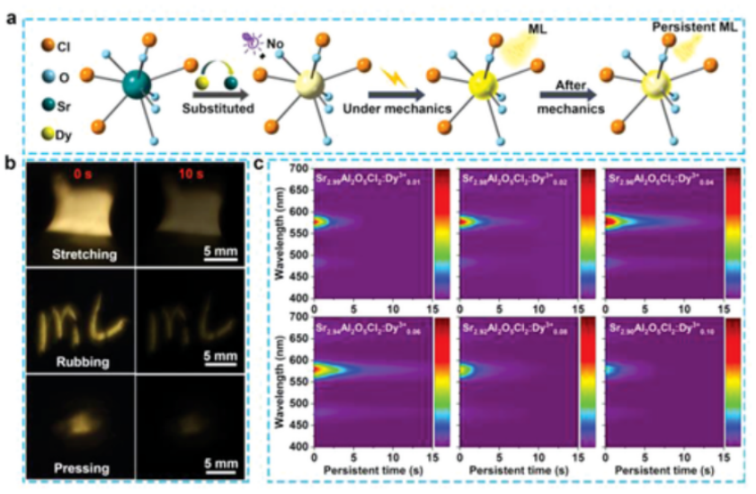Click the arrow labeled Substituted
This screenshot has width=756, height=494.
221,91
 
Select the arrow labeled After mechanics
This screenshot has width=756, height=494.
572,91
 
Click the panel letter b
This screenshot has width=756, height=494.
11,166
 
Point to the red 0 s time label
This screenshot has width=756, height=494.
81,174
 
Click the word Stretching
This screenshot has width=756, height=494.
81,255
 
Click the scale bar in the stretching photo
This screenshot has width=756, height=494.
220,263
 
